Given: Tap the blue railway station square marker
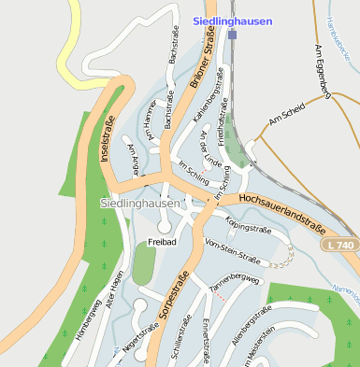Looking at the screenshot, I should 232,35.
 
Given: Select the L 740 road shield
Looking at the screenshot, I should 341,244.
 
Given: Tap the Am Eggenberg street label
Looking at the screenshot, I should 324,70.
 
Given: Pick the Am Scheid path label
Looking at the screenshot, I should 286,115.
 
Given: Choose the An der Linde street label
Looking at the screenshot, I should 212,150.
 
